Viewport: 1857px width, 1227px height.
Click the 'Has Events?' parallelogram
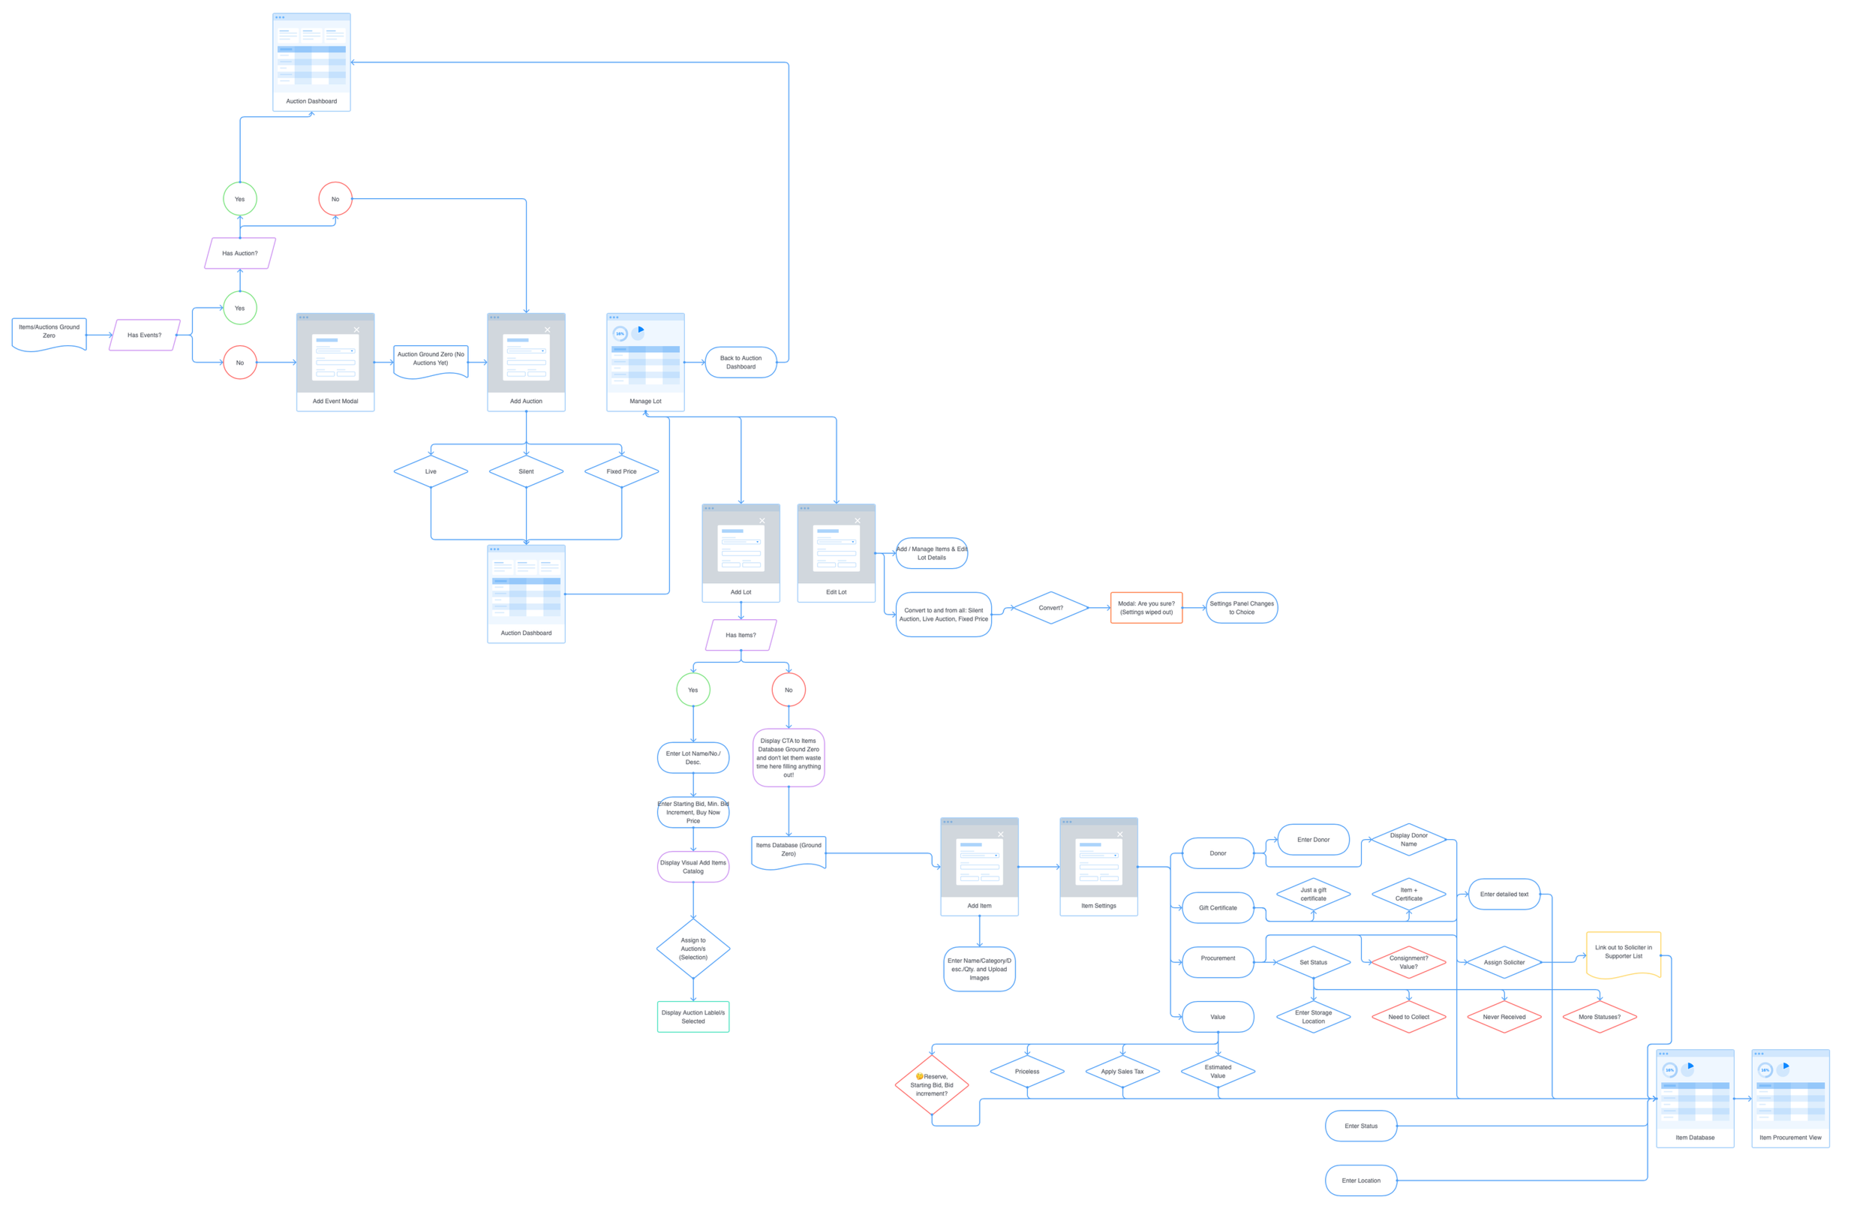click(x=145, y=335)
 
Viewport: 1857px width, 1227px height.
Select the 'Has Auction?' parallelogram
click(x=240, y=254)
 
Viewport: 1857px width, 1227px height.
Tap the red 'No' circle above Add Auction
click(x=335, y=199)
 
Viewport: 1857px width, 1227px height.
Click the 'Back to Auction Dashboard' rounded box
click(x=741, y=362)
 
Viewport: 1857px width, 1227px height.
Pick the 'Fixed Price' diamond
click(x=621, y=472)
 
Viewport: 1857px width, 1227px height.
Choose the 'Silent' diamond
click(x=526, y=472)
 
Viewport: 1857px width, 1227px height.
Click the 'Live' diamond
click(x=430, y=472)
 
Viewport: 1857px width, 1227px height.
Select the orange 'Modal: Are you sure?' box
click(x=1146, y=608)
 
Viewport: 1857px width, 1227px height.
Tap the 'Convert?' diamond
click(x=1050, y=608)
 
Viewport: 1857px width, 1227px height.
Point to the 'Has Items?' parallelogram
click(x=741, y=636)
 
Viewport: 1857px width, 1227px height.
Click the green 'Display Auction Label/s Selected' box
click(x=693, y=1018)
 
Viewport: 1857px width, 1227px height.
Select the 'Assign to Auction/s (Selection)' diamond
click(x=693, y=949)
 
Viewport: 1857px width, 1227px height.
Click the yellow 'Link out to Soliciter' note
click(x=1623, y=954)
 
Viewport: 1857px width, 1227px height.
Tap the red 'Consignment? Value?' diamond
click(x=1408, y=963)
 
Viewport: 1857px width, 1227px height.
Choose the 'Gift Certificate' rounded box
click(x=1218, y=909)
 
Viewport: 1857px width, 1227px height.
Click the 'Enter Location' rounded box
click(x=1361, y=1180)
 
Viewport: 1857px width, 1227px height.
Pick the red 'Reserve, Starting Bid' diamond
click(x=932, y=1085)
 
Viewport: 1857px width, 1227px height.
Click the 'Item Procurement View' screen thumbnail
click(x=1789, y=1099)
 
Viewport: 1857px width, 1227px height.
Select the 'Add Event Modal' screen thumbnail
click(x=335, y=362)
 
